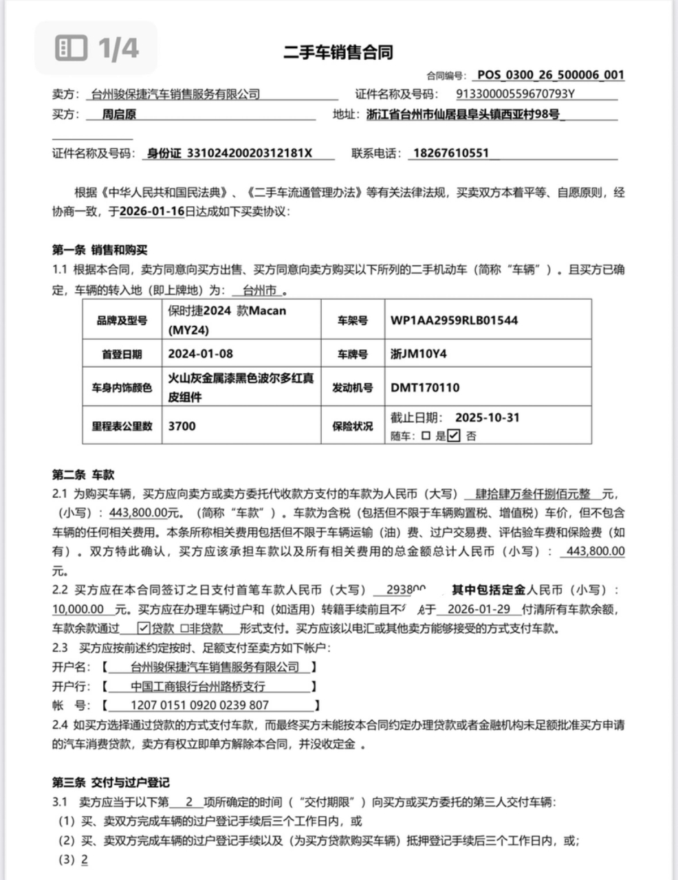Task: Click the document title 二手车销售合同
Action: [x=338, y=52]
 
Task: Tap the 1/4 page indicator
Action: [x=97, y=48]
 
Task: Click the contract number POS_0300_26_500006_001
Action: [x=550, y=75]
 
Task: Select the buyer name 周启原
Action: [x=119, y=114]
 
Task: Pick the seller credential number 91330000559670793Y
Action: [x=515, y=94]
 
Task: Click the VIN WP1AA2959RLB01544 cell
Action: [x=455, y=320]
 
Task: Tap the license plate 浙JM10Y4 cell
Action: [x=419, y=354]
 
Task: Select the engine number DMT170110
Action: [x=425, y=388]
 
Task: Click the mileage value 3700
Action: [x=182, y=426]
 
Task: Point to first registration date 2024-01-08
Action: [x=200, y=354]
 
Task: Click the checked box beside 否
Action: [x=453, y=435]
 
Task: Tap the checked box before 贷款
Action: [x=144, y=628]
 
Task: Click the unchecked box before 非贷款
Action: [x=185, y=628]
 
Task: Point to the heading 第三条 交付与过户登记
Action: [x=111, y=782]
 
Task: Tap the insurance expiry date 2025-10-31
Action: [x=487, y=417]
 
